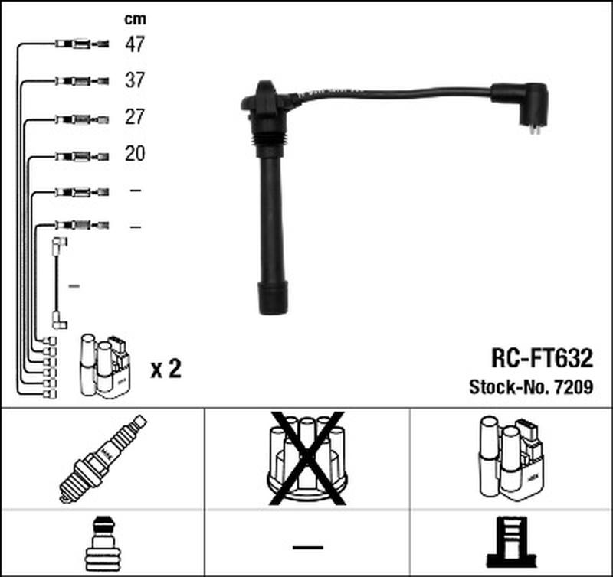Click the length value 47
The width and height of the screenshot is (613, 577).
coord(135,45)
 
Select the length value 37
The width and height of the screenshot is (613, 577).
coord(135,81)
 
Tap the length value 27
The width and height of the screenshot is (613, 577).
coord(135,118)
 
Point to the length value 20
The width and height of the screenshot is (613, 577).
coord(135,155)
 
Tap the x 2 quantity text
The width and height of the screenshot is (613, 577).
coord(166,370)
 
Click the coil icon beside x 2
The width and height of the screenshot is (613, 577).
coord(104,366)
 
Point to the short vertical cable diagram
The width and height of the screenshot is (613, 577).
coord(58,283)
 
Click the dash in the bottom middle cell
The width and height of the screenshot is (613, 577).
coord(307,547)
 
